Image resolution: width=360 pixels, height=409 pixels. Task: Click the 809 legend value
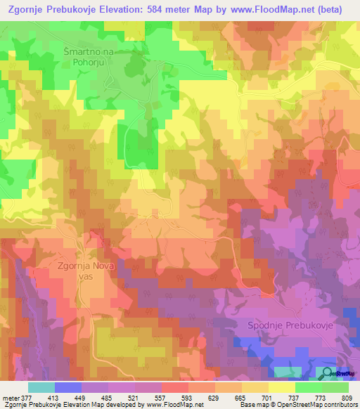(346, 397)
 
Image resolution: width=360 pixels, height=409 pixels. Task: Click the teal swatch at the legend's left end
(41, 387)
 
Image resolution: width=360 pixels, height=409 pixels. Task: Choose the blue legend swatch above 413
(68, 387)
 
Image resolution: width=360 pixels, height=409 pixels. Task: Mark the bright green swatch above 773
(309, 387)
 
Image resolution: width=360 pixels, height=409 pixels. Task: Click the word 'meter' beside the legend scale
(12, 397)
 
